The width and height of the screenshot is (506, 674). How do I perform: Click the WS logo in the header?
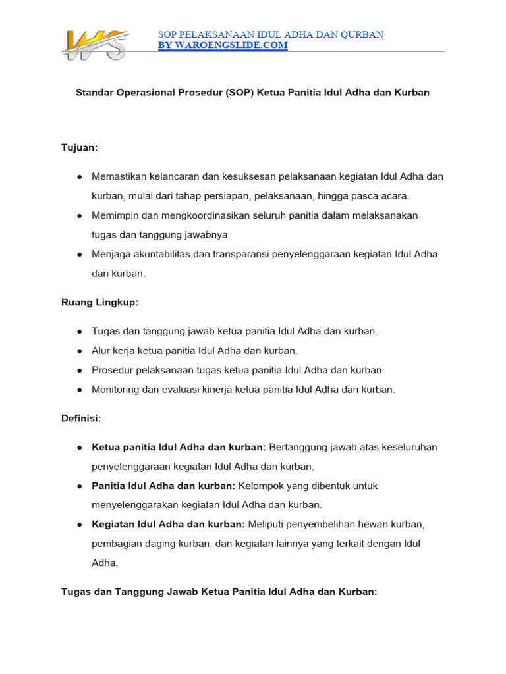(x=93, y=45)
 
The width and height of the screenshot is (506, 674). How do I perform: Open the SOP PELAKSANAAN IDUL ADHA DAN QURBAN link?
(x=271, y=34)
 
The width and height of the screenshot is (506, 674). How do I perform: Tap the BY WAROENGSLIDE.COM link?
(x=223, y=45)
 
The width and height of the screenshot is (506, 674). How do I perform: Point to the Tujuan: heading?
(x=79, y=148)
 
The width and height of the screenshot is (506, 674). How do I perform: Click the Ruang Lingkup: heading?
(x=99, y=302)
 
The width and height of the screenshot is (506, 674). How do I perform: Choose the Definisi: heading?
(x=81, y=418)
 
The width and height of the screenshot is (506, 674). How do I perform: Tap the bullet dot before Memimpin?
(x=79, y=215)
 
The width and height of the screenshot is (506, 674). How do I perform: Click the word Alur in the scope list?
(x=101, y=351)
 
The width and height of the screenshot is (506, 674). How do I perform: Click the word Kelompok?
(x=262, y=486)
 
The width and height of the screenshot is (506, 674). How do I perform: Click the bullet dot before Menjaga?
(x=79, y=254)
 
